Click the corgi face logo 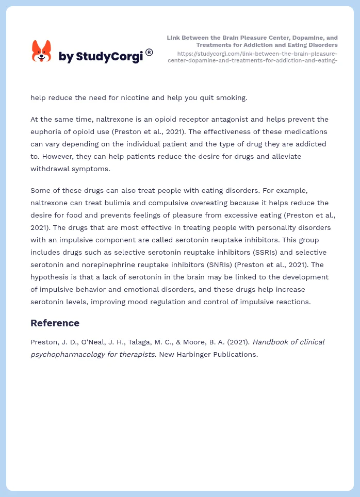42,52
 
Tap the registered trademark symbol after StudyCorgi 149,52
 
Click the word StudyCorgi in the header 109,57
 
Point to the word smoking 231,97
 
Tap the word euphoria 47,131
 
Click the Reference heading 55,323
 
